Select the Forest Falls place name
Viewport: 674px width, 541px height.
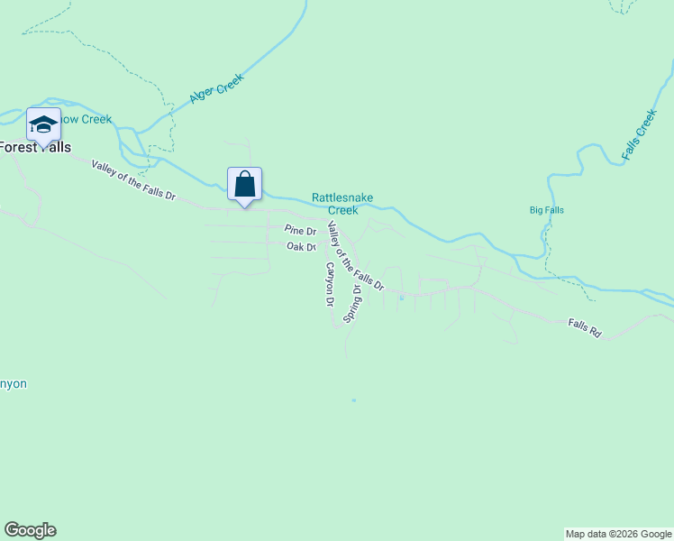click(34, 147)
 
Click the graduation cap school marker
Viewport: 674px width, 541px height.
click(42, 124)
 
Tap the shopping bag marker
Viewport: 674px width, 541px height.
click(244, 184)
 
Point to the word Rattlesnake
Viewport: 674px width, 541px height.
click(342, 197)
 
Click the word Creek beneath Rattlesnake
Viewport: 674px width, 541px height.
click(342, 210)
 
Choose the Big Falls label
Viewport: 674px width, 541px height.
click(546, 210)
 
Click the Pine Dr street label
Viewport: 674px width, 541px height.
click(299, 231)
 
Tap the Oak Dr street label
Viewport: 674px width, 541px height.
click(301, 247)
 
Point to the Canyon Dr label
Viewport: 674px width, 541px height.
click(330, 284)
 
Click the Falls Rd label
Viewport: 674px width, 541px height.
click(584, 327)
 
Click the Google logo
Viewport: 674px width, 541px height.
click(30, 530)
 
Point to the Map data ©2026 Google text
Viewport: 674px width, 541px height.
click(618, 534)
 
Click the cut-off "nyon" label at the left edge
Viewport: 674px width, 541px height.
click(14, 384)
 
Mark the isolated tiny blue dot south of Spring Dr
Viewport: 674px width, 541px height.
click(353, 399)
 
